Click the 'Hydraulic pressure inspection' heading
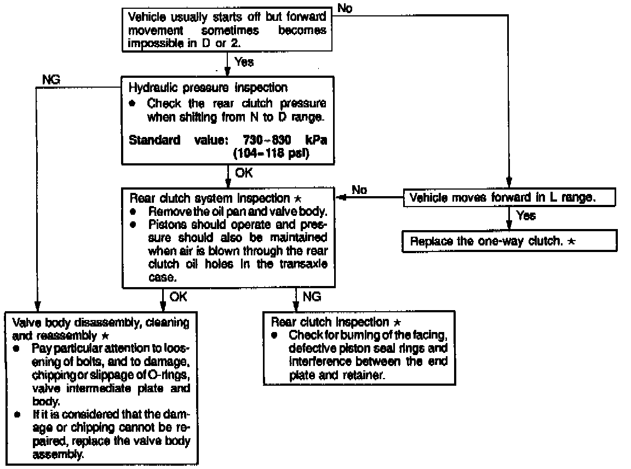[208, 88]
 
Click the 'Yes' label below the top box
[244, 62]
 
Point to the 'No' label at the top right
[346, 8]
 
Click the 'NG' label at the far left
[51, 79]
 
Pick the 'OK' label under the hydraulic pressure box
[244, 173]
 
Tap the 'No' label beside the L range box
[359, 190]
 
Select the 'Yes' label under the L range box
[525, 216]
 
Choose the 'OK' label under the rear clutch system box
[178, 296]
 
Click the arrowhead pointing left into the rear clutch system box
[341, 197]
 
